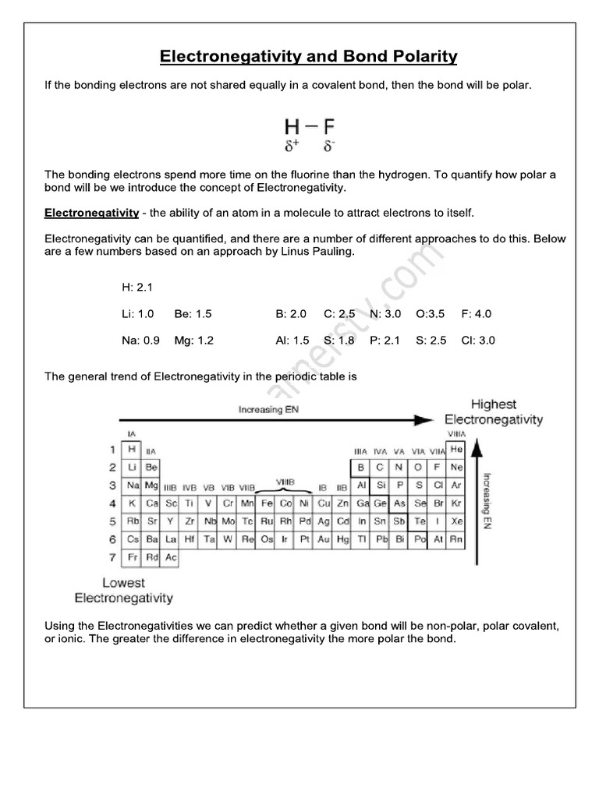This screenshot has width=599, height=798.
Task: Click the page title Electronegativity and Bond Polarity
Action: tap(308, 57)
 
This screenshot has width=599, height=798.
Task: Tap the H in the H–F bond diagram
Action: tap(291, 126)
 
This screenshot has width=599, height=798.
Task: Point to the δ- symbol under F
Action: tap(330, 146)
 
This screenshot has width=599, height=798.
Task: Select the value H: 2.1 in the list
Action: tap(137, 288)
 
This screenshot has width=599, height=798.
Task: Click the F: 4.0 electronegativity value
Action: tap(477, 314)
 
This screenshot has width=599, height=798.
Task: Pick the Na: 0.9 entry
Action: tap(141, 341)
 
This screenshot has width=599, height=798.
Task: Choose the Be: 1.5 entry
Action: tap(193, 314)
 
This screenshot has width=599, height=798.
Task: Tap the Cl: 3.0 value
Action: tap(478, 341)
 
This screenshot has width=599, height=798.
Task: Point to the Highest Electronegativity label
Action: tap(494, 412)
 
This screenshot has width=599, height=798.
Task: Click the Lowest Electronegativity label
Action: tap(123, 591)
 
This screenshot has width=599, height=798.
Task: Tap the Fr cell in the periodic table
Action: tap(133, 557)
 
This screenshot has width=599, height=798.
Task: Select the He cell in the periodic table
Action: tap(456, 450)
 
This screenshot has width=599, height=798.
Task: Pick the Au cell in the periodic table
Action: tap(324, 539)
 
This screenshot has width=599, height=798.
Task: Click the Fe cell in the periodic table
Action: tap(267, 503)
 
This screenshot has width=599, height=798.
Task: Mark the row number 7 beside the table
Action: tap(112, 557)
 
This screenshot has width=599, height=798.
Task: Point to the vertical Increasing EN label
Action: tap(485, 498)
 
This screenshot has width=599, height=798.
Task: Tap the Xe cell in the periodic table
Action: tap(456, 521)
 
